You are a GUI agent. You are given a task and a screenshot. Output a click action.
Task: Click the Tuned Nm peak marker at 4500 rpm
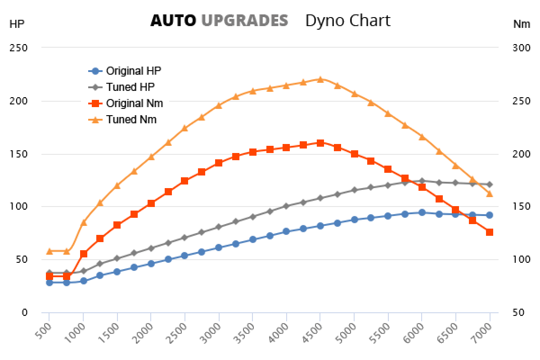pos(320,79)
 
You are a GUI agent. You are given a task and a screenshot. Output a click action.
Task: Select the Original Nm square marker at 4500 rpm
pos(320,143)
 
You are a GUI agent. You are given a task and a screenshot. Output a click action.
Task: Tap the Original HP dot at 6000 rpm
pos(422,212)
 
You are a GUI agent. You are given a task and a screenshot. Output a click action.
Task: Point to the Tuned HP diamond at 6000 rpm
pos(422,181)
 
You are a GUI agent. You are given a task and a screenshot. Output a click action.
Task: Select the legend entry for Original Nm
pos(126,103)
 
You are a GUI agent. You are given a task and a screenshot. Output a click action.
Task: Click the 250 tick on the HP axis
pos(18,48)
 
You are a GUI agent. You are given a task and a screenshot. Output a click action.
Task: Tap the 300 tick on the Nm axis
pos(521,48)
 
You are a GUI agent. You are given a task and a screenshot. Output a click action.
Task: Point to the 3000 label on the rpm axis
pos(213,333)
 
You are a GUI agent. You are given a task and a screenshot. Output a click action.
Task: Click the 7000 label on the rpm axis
pos(484,333)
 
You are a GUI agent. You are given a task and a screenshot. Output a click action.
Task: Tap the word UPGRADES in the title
pos(244,21)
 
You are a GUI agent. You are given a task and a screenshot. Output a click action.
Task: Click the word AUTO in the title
pos(173,21)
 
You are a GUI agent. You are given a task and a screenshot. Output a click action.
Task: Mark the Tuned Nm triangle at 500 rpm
pos(49,251)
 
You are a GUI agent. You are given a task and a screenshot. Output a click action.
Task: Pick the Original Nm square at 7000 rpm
pos(490,232)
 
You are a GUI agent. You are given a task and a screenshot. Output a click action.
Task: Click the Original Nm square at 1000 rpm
pos(83,254)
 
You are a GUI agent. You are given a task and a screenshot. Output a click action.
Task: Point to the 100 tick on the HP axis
pos(18,207)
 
